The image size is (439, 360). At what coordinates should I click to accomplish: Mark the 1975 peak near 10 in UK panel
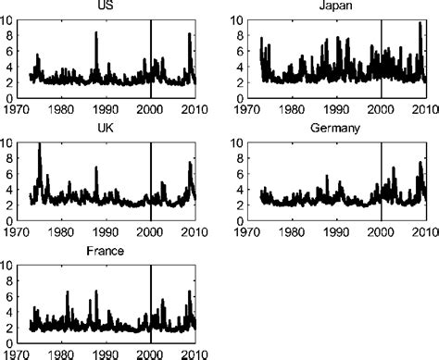click(x=39, y=144)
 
